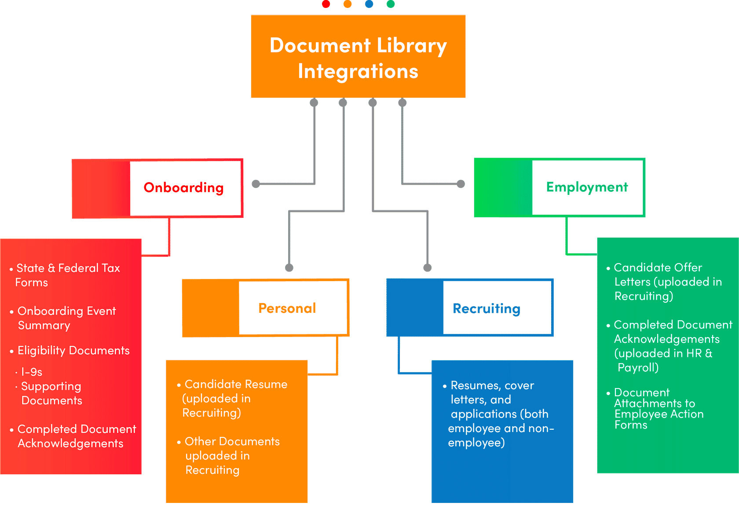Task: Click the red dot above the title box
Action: coord(326,4)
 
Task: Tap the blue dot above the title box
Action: coord(369,4)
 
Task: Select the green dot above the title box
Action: coord(391,4)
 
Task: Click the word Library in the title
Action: coord(412,46)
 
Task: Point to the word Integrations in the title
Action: coord(358,71)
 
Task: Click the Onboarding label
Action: coord(183,187)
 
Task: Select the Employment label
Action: coord(587,187)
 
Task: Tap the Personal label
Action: coord(287,308)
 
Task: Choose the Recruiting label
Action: coord(487,308)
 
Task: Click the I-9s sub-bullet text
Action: coord(32,372)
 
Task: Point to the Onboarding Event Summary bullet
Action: coord(66,318)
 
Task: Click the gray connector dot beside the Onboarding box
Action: coord(256,184)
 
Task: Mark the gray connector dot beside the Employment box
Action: coord(461,184)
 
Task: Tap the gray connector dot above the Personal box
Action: coord(289,268)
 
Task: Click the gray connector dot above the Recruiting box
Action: coord(427,268)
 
